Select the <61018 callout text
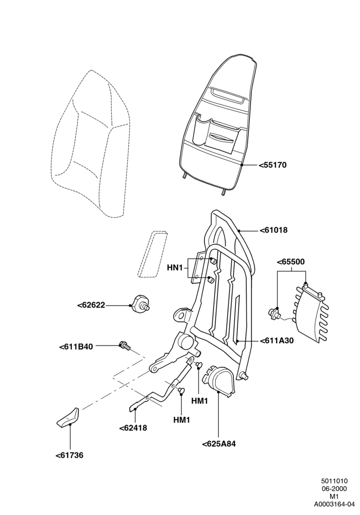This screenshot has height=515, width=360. click(273, 230)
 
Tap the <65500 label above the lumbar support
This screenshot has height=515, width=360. click(291, 262)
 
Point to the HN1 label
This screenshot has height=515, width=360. click(175, 268)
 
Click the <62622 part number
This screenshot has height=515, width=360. click(92, 305)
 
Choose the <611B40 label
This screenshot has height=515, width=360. click(76, 346)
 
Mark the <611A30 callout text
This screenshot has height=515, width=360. click(277, 341)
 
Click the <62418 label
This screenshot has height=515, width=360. click(133, 428)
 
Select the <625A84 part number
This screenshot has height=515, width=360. click(219, 444)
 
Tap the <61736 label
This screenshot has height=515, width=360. click(69, 455)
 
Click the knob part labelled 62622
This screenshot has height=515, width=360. click(141, 304)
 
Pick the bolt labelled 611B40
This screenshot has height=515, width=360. click(125, 345)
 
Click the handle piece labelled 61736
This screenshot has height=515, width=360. click(69, 417)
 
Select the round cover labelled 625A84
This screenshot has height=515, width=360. click(219, 382)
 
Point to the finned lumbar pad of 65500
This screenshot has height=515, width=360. click(311, 313)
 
